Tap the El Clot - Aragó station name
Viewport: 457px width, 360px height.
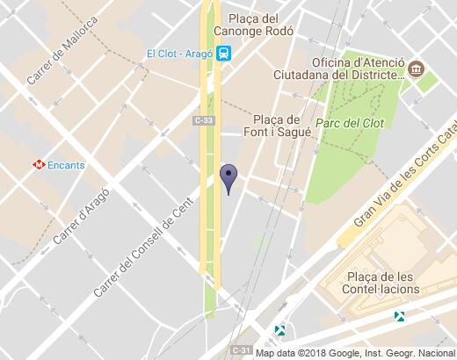[181, 54]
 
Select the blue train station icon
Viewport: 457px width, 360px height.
[225, 54]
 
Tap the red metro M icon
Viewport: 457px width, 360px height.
[39, 163]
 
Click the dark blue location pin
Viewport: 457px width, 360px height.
[228, 177]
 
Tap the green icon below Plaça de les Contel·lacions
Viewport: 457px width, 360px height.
[400, 315]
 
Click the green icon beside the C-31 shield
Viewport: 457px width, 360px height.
[279, 330]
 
